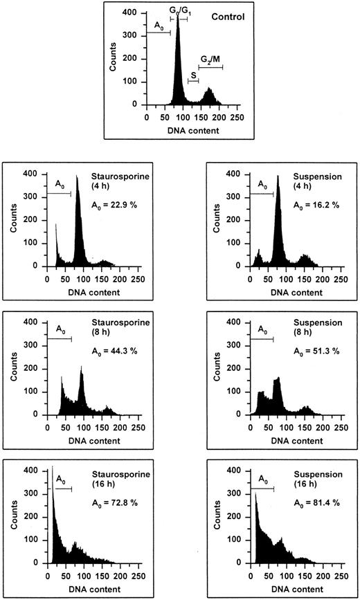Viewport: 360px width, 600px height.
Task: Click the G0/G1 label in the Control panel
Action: pos(179,8)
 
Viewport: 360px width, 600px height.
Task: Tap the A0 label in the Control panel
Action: pos(159,26)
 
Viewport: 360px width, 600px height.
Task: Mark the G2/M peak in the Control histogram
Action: pos(209,96)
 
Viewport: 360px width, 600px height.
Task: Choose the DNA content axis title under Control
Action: pos(192,129)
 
